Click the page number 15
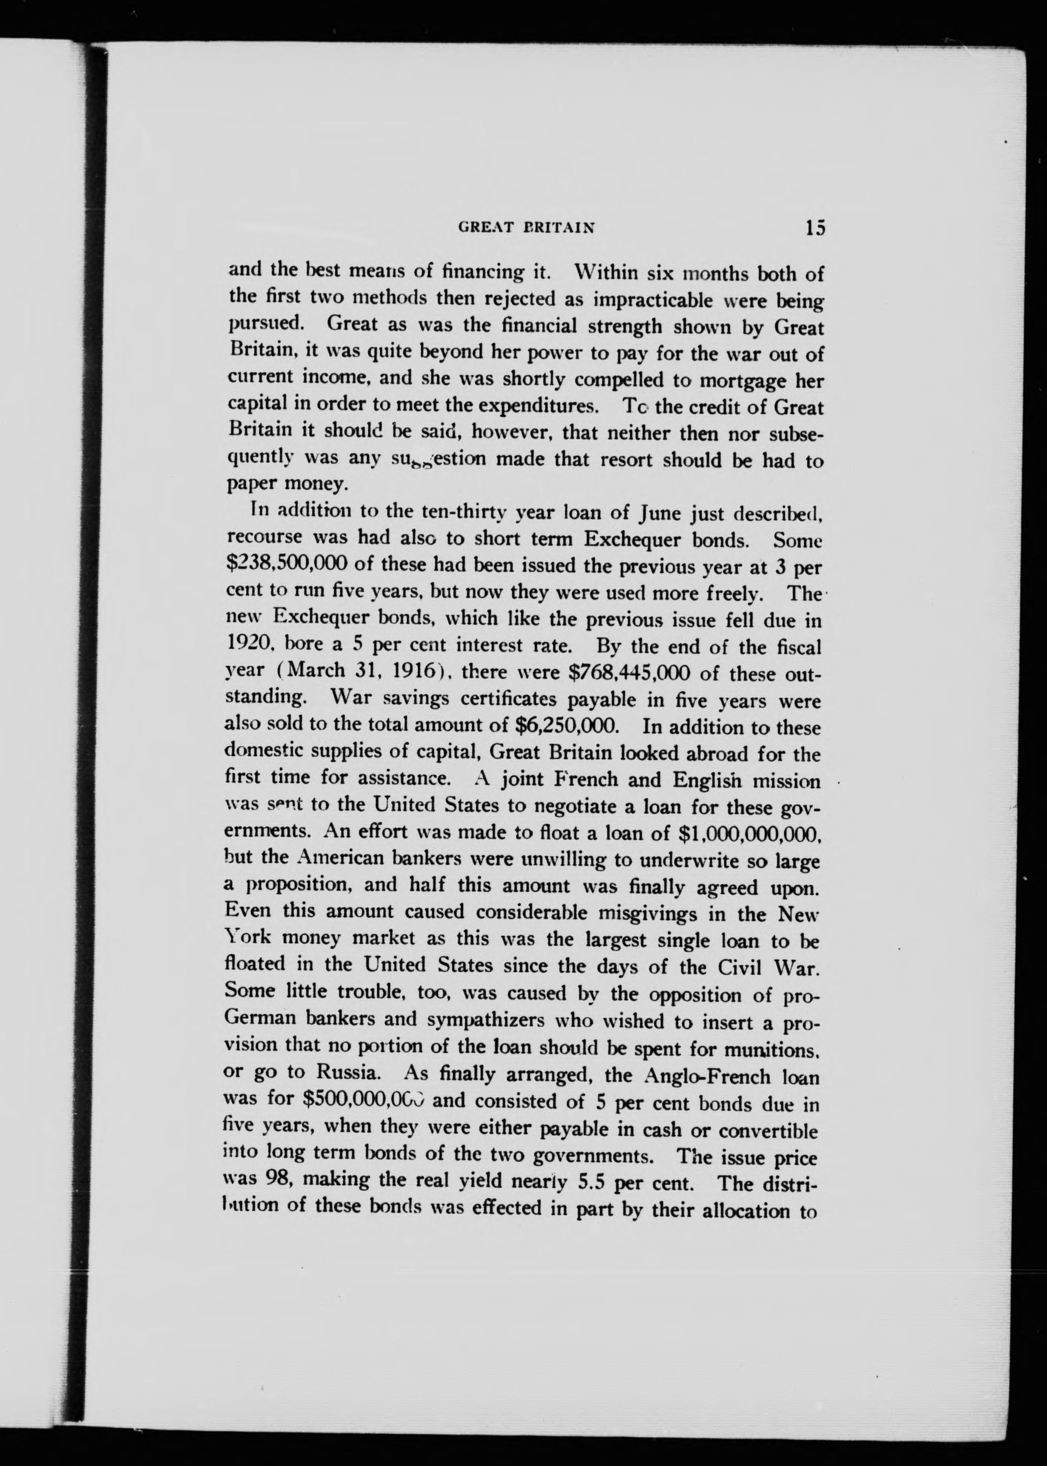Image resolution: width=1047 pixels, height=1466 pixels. pos(814,228)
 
